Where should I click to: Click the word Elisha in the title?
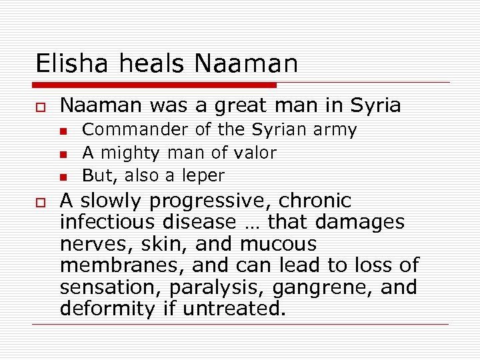[x=71, y=64]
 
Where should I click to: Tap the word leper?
[x=205, y=176]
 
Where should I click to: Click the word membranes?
[x=122, y=265]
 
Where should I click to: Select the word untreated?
[x=237, y=309]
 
